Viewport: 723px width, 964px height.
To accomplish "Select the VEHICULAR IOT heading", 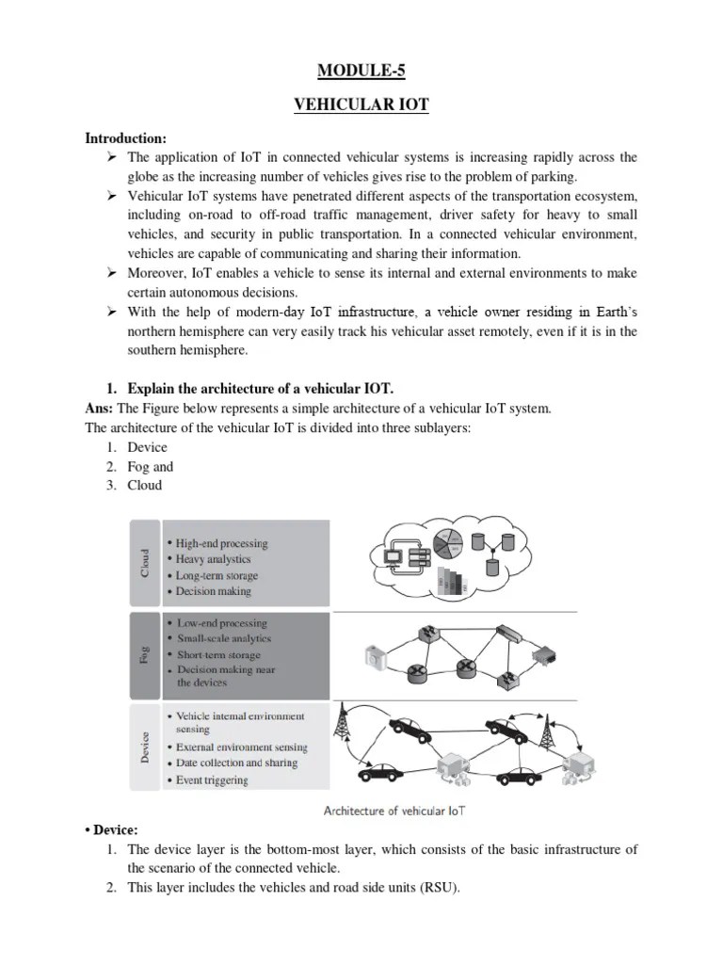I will pyautogui.click(x=361, y=105).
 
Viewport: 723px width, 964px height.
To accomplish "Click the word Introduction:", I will pyautogui.click(x=125, y=138).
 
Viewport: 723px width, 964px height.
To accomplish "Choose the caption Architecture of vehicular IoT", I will pyautogui.click(x=394, y=810).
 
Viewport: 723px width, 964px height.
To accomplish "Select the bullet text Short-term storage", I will pyautogui.click(x=218, y=654).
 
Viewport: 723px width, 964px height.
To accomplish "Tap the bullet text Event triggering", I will pyautogui.click(x=212, y=779).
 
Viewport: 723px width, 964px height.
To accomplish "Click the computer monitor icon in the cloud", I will pyautogui.click(x=390, y=555).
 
